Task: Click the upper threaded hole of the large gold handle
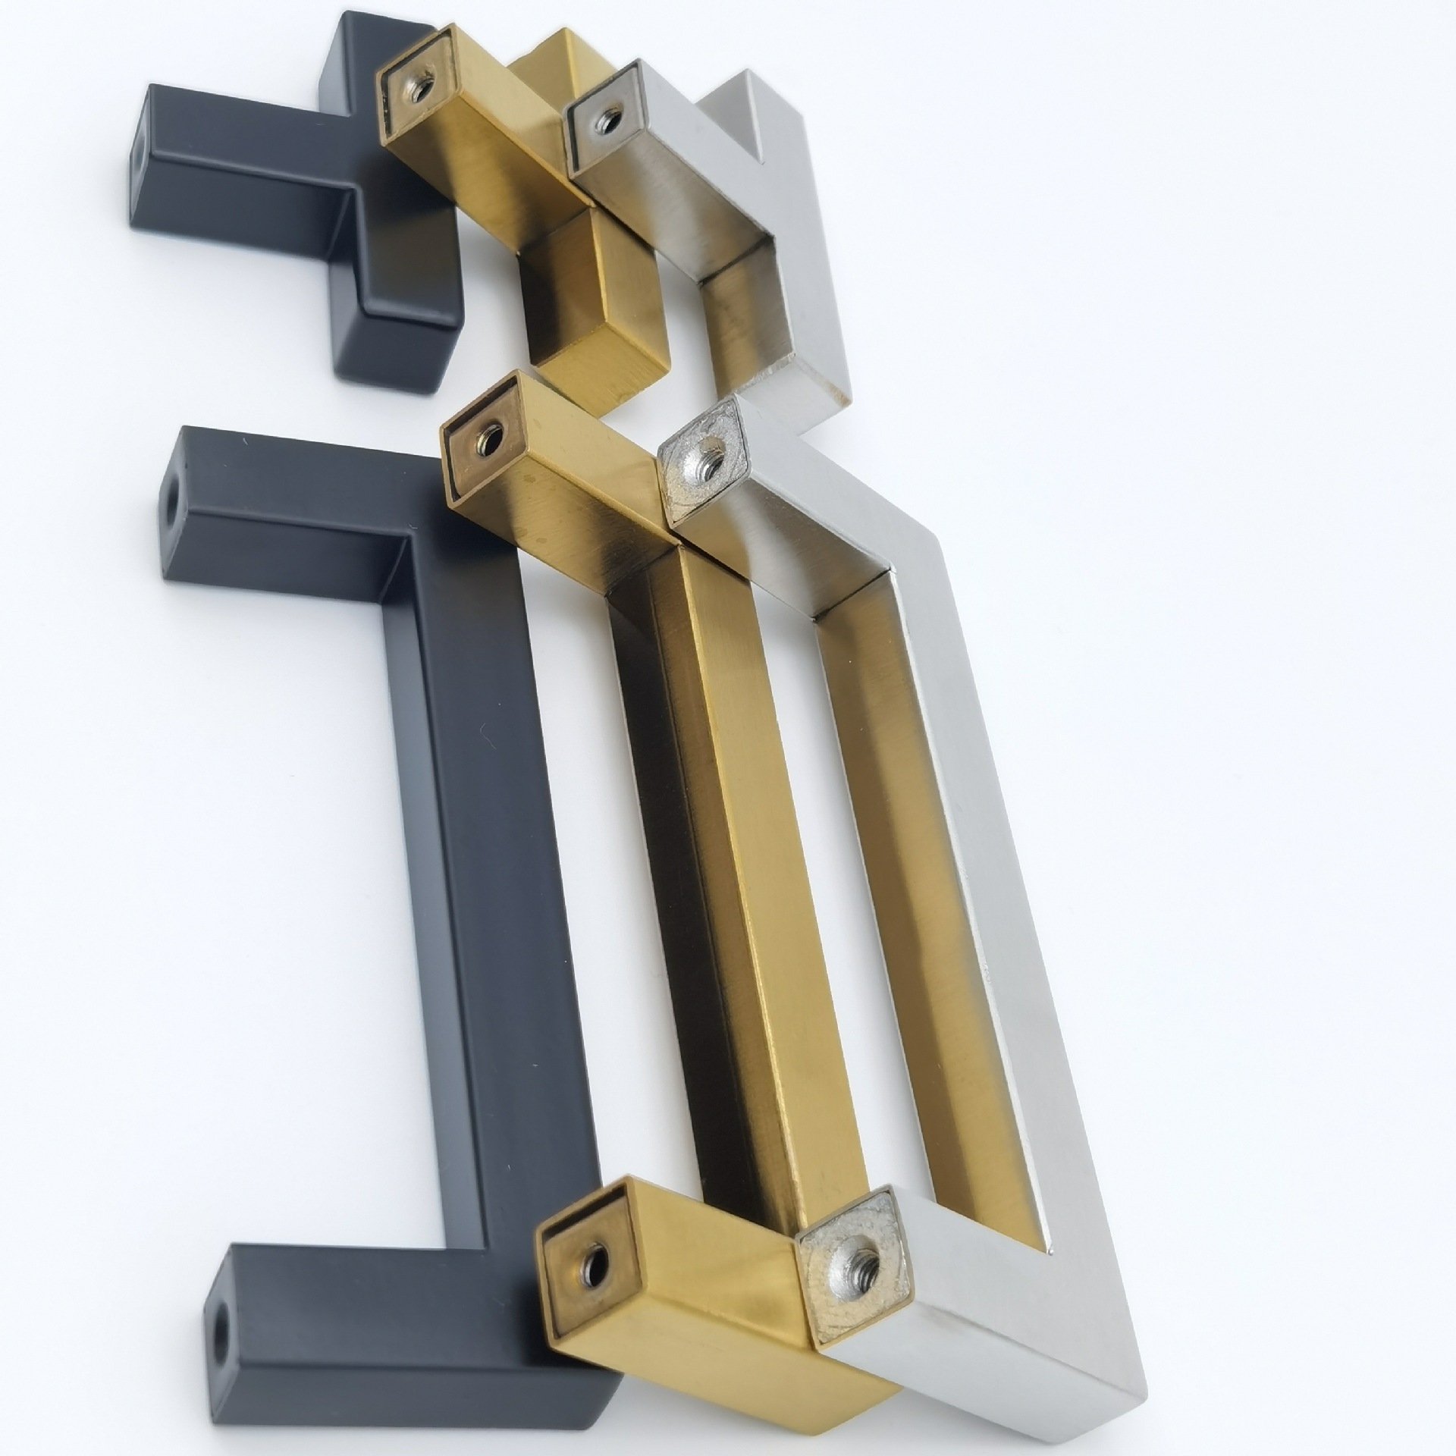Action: tap(490, 441)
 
